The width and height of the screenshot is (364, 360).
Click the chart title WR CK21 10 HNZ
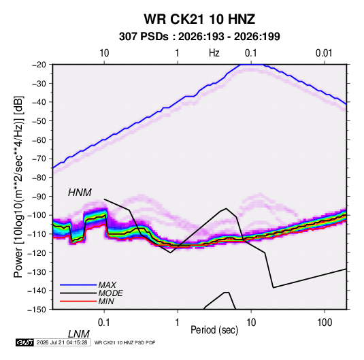199,19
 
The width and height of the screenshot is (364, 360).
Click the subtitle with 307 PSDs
199,37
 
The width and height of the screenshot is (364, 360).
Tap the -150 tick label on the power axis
37,310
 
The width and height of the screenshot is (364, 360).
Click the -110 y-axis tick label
37,234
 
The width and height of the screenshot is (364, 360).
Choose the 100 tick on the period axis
325,323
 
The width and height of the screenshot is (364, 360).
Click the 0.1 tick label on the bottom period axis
104,323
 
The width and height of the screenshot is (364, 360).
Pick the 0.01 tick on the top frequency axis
324,53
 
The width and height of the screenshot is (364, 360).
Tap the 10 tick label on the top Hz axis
104,53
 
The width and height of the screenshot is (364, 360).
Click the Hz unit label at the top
214,53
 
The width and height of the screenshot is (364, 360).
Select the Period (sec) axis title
214,330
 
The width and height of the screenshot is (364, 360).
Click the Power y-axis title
18,187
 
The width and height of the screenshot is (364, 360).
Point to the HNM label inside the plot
80,193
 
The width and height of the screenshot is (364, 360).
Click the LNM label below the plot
79,334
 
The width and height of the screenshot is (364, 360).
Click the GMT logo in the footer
24,342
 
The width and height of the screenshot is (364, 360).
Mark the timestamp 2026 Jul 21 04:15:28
62,342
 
